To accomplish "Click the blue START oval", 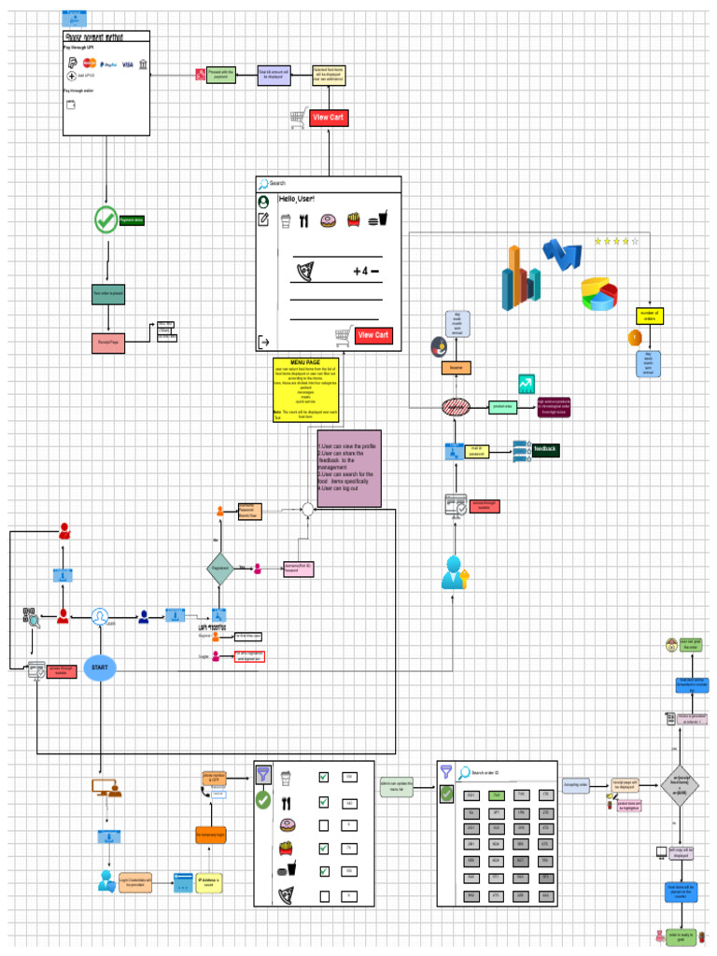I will pos(99,668).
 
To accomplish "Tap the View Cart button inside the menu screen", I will pos(373,335).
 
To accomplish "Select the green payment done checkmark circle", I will pos(105,220).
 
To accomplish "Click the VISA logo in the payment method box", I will pos(127,64).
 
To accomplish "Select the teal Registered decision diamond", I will pos(220,568).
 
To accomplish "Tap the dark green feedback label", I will pos(545,450).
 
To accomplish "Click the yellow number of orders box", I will pos(649,316).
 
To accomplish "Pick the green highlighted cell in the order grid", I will pos(497,795).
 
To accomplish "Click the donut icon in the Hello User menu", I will pos(328,221).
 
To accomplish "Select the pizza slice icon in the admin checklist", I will pos(288,895).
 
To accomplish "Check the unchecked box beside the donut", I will pos(323,825).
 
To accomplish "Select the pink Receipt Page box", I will pos(108,343).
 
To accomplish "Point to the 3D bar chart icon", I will pos(515,276).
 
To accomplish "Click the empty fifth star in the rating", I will pos(636,241).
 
